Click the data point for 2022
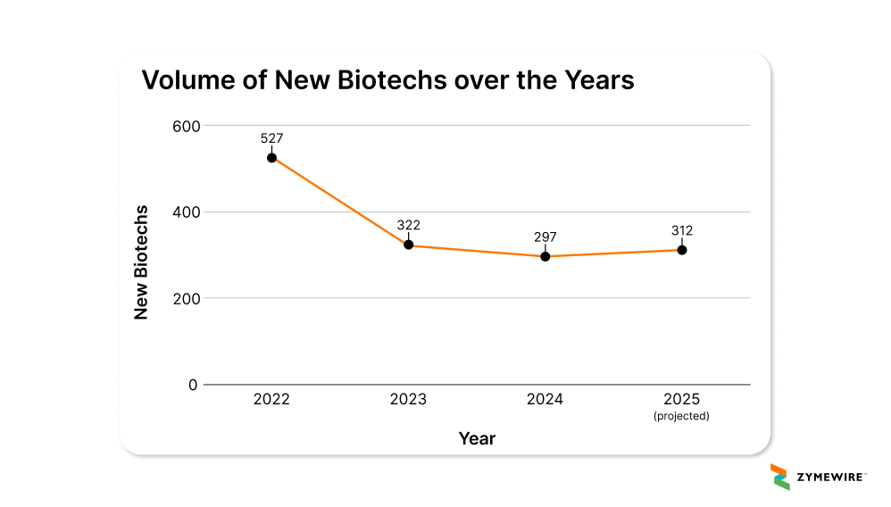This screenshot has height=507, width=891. pos(271,157)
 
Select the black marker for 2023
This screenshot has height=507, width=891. pos(408,245)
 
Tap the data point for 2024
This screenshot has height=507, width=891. pos(545,256)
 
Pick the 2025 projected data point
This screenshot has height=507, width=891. pos(681,250)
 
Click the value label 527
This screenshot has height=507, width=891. pos(271,138)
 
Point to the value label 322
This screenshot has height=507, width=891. pos(408,225)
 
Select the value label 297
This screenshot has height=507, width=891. pos(545,237)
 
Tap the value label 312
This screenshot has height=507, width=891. pos(681,230)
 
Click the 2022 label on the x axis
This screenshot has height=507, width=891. pos(271,400)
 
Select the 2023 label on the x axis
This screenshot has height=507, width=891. pos(408,400)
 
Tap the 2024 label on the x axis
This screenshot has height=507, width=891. pos(545,400)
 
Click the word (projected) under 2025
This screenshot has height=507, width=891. pos(681,416)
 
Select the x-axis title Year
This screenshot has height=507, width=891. pos(477,438)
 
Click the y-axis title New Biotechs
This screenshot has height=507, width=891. pos(141,262)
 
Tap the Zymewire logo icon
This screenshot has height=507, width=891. pos(779,477)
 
